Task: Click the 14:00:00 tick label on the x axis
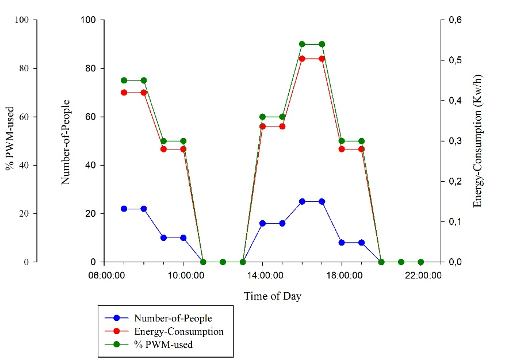click(262, 275)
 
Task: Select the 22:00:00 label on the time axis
click(423, 275)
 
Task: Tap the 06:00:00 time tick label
click(106, 275)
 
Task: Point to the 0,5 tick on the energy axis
click(452, 60)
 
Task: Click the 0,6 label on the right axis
click(452, 20)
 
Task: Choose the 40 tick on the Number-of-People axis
click(93, 165)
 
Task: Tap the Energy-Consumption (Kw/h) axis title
click(478, 141)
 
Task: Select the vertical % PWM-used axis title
click(10, 141)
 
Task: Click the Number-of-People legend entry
click(170, 317)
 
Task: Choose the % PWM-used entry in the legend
click(163, 345)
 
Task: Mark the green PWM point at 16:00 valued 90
click(302, 44)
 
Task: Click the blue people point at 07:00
click(124, 209)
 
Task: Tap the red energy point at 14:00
click(262, 127)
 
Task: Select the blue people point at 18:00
click(342, 243)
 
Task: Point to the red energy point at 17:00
click(322, 59)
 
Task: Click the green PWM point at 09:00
click(163, 141)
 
